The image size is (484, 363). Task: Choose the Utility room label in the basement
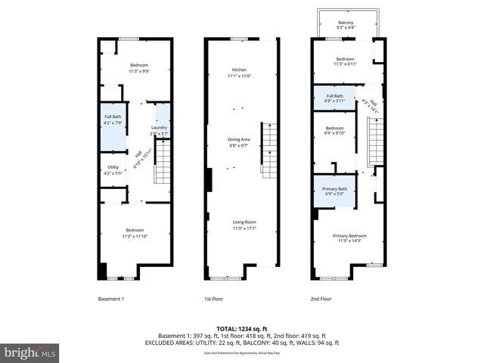pyautogui.click(x=113, y=169)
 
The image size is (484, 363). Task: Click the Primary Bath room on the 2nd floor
pyautogui.click(x=334, y=191)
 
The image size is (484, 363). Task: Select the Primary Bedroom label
pyautogui.click(x=348, y=237)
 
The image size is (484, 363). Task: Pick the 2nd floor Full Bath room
pyautogui.click(x=334, y=98)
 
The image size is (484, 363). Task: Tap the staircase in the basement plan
pyautogui.click(x=163, y=164)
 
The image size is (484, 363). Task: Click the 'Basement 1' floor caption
pyautogui.click(x=111, y=299)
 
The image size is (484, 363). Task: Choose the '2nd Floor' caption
pyautogui.click(x=321, y=299)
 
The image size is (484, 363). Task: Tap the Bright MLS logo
pyautogui.click(x=30, y=352)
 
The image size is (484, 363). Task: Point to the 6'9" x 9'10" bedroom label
pyautogui.click(x=334, y=131)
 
